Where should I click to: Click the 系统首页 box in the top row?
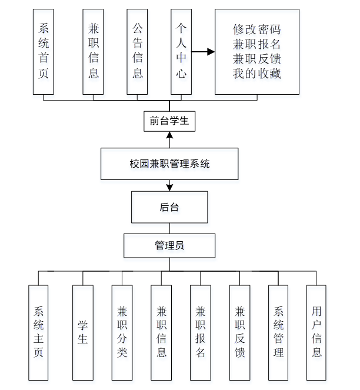click(43, 52)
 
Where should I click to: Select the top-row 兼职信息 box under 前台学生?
click(94, 52)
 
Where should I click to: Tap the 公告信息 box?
click(137, 52)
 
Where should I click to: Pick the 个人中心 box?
click(181, 52)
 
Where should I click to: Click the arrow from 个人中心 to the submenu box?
click(203, 52)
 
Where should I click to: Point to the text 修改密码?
click(257, 28)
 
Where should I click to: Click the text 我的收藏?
click(257, 74)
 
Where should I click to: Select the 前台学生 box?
click(169, 121)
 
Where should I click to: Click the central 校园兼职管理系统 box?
click(169, 164)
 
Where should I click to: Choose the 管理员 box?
click(169, 245)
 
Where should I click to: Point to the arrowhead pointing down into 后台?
click(169, 188)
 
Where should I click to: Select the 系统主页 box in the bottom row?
click(39, 332)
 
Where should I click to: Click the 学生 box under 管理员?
click(83, 332)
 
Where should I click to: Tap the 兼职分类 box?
click(122, 332)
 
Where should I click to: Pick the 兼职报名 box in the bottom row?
click(200, 332)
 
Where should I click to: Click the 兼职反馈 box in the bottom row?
click(239, 332)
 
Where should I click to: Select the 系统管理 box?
click(278, 332)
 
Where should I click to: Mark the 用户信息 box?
click(316, 332)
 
